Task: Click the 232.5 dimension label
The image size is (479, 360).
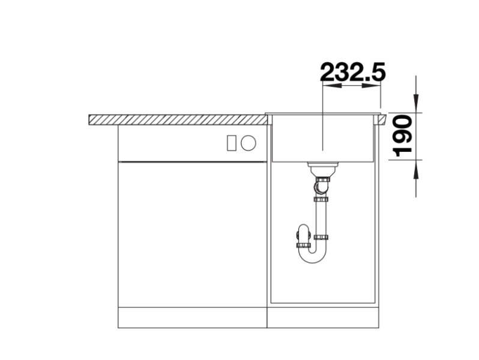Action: pyautogui.click(x=352, y=72)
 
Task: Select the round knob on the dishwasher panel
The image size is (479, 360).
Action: pyautogui.click(x=249, y=143)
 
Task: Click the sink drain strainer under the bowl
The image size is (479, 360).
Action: pyautogui.click(x=323, y=165)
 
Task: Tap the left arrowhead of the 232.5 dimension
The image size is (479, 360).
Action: pyautogui.click(x=327, y=86)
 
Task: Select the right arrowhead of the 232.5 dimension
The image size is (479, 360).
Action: pyautogui.click(x=376, y=86)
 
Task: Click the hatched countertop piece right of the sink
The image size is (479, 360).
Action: pyautogui.click(x=381, y=119)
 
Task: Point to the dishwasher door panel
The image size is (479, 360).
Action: pyautogui.click(x=192, y=234)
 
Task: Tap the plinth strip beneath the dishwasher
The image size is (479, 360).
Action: pyautogui.click(x=192, y=317)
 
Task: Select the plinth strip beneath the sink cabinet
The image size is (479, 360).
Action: pyautogui.click(x=323, y=317)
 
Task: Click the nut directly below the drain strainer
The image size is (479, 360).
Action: pyautogui.click(x=323, y=179)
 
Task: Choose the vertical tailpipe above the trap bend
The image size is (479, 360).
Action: pyautogui.click(x=321, y=216)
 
